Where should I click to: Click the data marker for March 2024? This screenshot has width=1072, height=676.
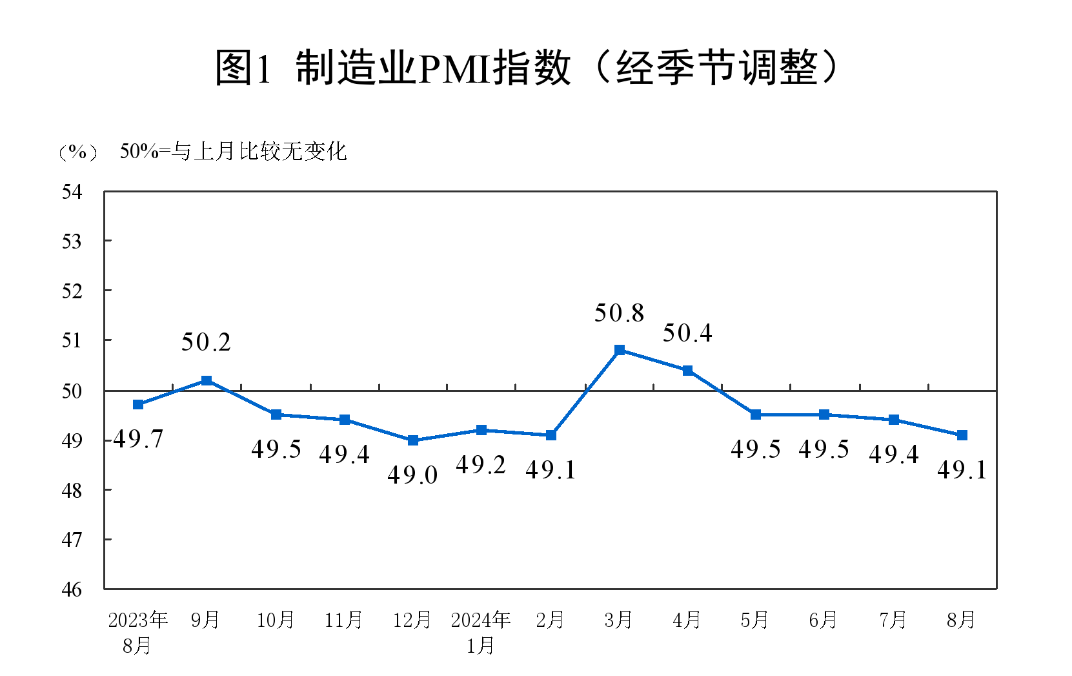click(x=620, y=350)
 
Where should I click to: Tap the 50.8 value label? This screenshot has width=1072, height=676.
click(x=620, y=313)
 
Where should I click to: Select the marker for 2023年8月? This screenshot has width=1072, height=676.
click(x=138, y=404)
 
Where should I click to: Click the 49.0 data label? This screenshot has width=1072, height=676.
click(x=413, y=475)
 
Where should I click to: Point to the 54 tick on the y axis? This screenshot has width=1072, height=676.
click(x=72, y=192)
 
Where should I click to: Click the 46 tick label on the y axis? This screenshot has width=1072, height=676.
click(x=72, y=589)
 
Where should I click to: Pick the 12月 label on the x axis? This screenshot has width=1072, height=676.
click(x=412, y=620)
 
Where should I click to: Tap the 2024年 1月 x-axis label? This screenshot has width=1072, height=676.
click(x=481, y=632)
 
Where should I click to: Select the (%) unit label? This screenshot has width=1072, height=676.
click(x=77, y=152)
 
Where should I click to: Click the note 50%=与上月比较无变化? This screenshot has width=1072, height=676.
click(x=234, y=152)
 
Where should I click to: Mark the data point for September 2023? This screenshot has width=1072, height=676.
click(x=207, y=380)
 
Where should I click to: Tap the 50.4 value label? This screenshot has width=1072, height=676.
click(x=688, y=333)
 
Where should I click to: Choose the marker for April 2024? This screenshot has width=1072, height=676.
click(x=688, y=371)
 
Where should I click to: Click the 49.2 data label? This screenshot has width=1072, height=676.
click(x=481, y=465)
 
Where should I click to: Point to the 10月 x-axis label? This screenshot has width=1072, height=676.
click(x=276, y=620)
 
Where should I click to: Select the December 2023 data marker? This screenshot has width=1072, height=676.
click(x=413, y=440)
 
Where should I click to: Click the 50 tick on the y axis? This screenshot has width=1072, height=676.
click(x=72, y=391)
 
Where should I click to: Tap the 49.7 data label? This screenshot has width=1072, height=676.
click(x=138, y=439)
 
